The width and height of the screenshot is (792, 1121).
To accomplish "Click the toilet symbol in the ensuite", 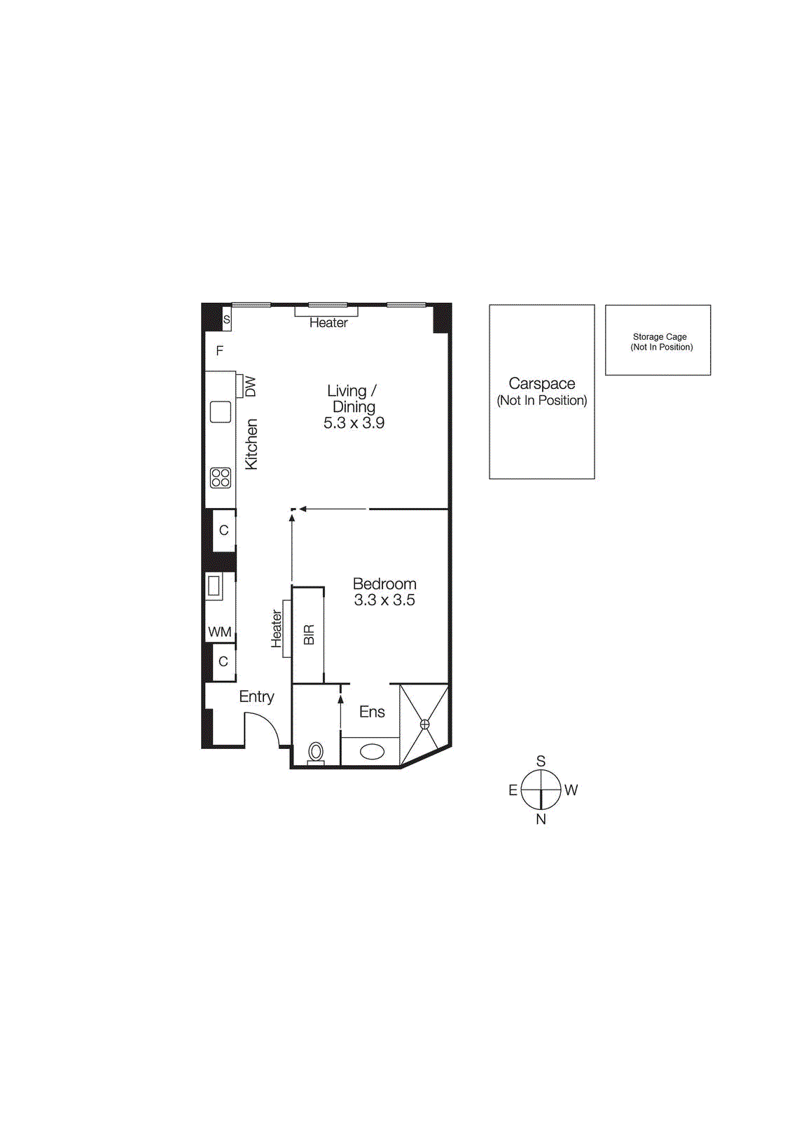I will coord(316,752).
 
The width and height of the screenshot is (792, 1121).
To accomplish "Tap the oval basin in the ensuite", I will coord(372,752).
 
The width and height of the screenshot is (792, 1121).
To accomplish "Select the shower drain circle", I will coord(424,724).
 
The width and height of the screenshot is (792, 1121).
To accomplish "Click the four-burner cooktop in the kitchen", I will coord(221,478).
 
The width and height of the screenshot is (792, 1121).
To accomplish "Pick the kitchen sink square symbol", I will coord(221,411).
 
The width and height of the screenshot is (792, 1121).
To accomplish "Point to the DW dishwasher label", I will coord(251,387).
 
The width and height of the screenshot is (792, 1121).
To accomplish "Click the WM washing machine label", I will coord(220,632).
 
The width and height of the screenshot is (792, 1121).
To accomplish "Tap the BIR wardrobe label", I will coord(309,635).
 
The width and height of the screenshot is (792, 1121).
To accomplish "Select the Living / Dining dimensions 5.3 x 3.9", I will coord(354,423).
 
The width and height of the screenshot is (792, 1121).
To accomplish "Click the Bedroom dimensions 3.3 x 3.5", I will coord(384,600).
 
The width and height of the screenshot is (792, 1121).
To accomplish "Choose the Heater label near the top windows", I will coord(328,323).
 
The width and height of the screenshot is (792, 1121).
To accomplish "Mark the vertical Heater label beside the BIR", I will coord(277,628).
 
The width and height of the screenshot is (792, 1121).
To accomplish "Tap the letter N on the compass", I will coord(541,819).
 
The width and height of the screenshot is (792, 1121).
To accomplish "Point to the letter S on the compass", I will coord(541,762).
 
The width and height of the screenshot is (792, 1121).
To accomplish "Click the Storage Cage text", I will coord(660,337).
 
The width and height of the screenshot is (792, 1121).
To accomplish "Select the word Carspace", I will coord(542,384).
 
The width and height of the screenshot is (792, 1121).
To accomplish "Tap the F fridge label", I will coord(220,351).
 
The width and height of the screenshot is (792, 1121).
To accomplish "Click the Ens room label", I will coord(372,713).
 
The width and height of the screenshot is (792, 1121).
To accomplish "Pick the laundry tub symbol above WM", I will coord(214,586).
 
